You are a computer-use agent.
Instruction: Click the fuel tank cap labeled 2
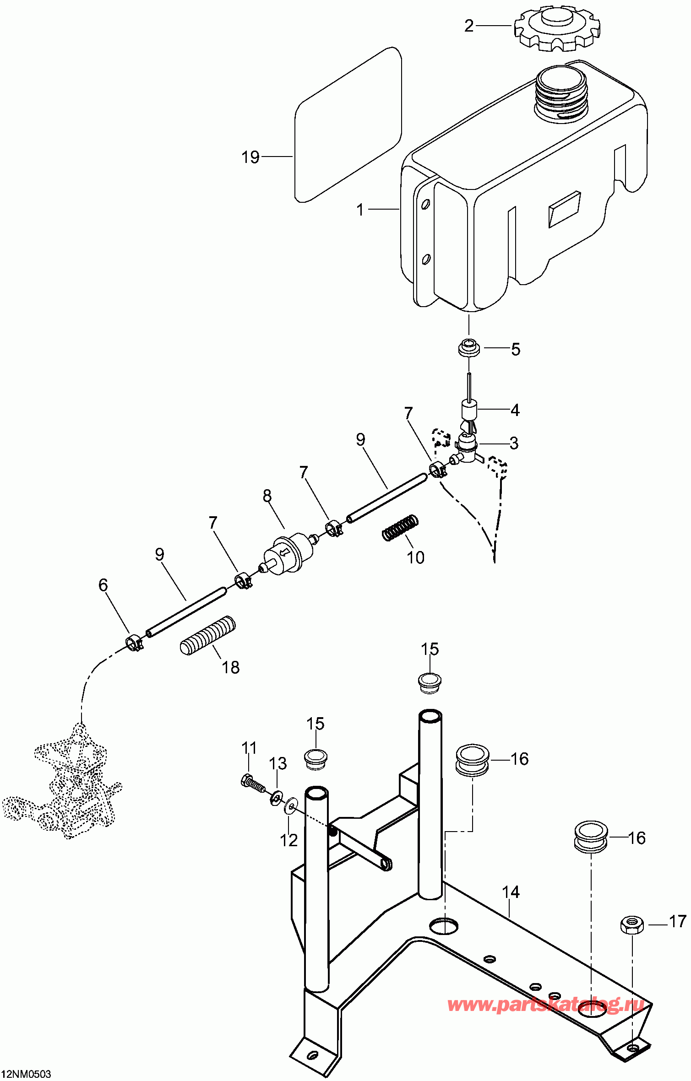tap(557, 28)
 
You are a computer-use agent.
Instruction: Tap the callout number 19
tap(250, 157)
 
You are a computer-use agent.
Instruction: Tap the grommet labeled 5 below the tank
tap(469, 348)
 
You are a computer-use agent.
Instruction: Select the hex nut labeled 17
tap(631, 924)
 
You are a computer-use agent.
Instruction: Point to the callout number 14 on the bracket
tap(511, 892)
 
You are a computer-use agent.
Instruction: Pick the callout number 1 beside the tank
tap(360, 210)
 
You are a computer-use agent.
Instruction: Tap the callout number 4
tap(515, 410)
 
